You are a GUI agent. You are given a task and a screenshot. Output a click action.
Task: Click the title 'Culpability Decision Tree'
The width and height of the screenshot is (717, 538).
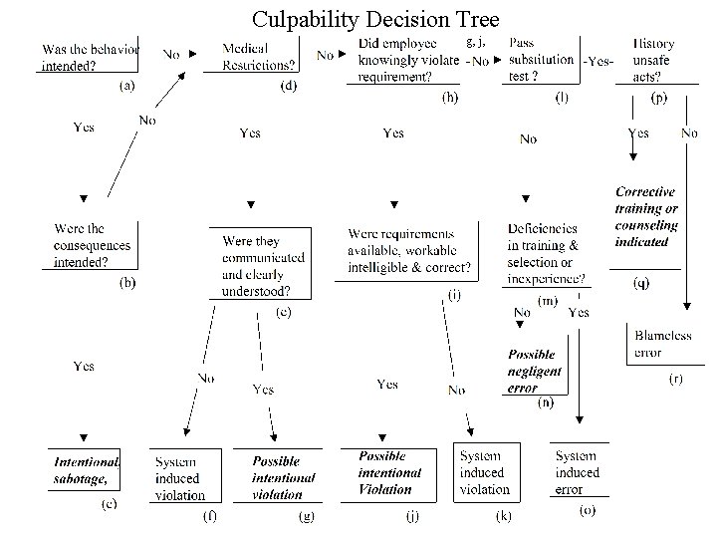click(x=374, y=19)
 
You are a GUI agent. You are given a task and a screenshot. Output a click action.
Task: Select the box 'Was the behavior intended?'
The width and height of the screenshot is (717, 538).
click(x=90, y=57)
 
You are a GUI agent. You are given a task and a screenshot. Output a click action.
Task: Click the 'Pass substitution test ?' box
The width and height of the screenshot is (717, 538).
click(x=541, y=60)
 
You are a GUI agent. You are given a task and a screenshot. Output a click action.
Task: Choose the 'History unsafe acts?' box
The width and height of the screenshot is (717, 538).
click(x=654, y=60)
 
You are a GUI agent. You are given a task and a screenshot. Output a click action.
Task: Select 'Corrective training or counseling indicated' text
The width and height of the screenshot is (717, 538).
click(x=645, y=216)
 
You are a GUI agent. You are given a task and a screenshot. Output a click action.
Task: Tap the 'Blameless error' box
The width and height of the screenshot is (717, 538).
click(x=662, y=345)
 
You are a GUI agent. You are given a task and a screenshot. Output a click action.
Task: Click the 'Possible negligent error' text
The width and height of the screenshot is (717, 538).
click(x=534, y=371)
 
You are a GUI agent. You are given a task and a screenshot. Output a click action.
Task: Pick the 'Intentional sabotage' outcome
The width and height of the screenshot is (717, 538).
click(x=87, y=470)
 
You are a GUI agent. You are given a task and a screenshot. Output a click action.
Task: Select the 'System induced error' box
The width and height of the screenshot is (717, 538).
click(x=577, y=472)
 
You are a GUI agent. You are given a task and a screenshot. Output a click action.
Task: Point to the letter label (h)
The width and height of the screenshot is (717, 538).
click(x=451, y=97)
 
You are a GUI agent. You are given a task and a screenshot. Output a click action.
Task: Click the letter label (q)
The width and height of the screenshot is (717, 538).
click(x=643, y=284)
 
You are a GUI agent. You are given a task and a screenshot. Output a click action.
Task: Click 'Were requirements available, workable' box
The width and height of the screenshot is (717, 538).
click(x=409, y=250)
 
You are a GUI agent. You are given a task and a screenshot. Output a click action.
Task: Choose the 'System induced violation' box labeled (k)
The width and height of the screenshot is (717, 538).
click(x=484, y=472)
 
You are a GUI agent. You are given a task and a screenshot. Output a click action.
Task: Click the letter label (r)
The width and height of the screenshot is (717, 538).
click(x=675, y=381)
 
